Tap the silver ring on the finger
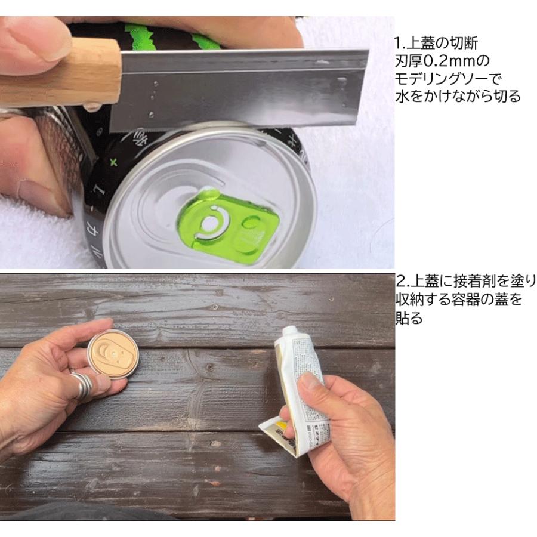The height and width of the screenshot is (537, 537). click(x=83, y=382)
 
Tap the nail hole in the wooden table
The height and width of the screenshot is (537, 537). click(x=215, y=307)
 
